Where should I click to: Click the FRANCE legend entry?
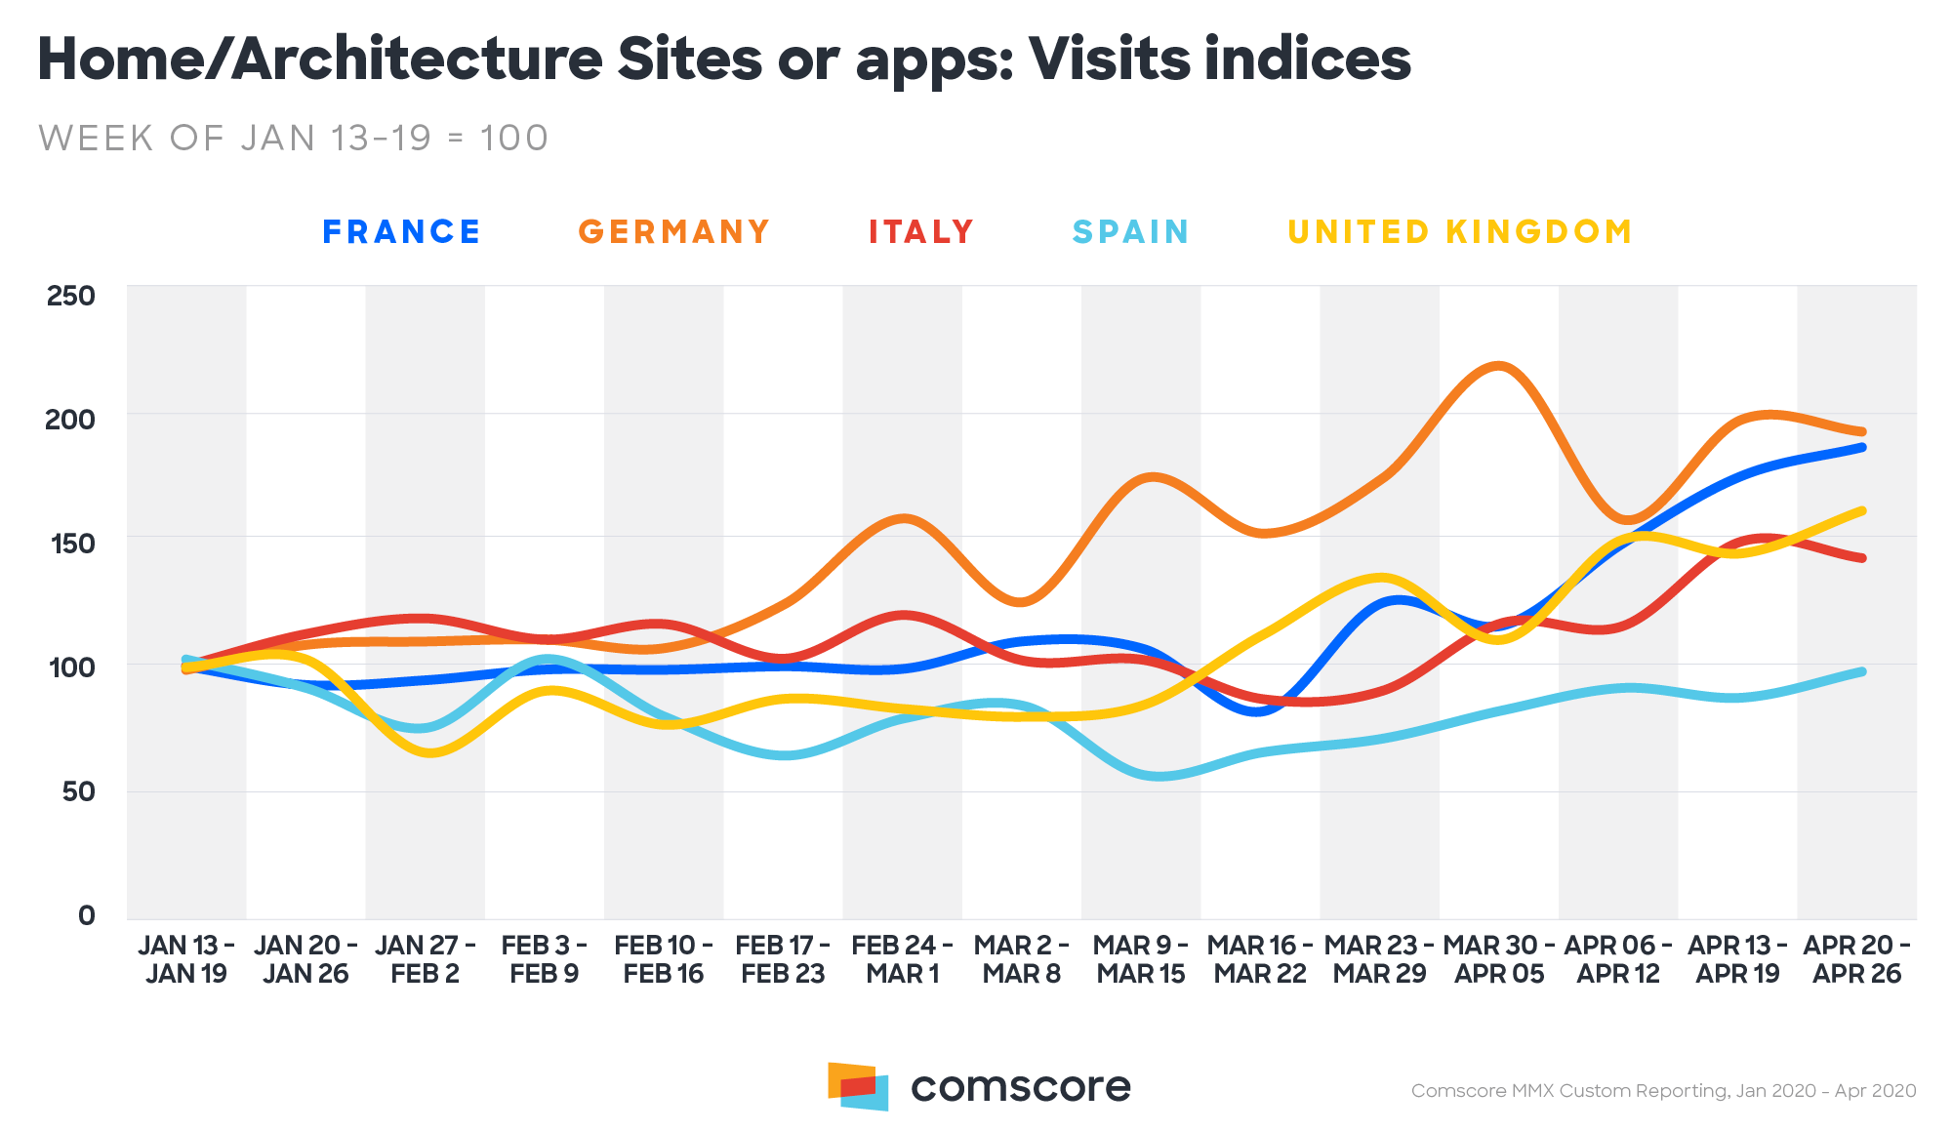pos(401,232)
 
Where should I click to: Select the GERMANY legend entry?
pos(674,232)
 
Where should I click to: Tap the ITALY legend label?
pos(921,232)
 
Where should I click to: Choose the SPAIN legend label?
pos(1130,232)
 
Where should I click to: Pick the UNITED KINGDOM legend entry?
pos(1460,232)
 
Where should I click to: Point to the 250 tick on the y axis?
pos(71,296)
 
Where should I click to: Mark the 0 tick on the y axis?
pos(87,915)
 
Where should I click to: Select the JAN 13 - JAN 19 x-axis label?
pos(186,959)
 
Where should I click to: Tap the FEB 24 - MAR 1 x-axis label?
pos(902,959)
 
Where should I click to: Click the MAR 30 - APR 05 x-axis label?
pos(1499,959)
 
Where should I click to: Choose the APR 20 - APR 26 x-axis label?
pos(1856,959)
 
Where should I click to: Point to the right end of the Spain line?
pos(1862,671)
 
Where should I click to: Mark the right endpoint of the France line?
pos(1862,447)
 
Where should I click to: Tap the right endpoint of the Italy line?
pos(1862,558)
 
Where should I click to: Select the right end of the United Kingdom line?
pos(1862,510)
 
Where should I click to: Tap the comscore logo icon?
pos(858,1085)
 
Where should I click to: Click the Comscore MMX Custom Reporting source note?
pos(1663,1091)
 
